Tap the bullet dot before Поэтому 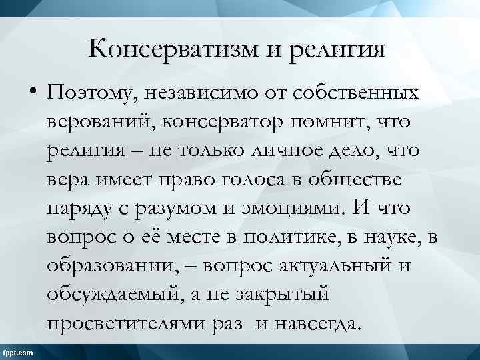pos(33,93)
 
